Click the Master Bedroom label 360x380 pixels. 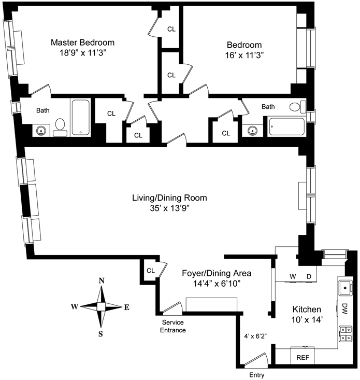coord(82,43)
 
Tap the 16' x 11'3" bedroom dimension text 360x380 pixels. coord(244,55)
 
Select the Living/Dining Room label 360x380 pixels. coord(169,198)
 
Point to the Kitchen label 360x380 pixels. coord(307,309)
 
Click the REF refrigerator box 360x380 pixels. coord(303,356)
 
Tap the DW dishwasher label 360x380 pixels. coord(344,309)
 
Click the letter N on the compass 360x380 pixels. coord(102,280)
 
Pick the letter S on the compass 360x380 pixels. coord(100,334)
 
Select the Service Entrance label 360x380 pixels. coord(173,326)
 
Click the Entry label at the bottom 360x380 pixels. coord(256,375)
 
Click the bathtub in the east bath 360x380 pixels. coord(286,126)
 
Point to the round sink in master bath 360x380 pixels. coord(41,131)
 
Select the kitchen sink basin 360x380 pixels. coord(345,288)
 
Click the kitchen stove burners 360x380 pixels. coord(345,333)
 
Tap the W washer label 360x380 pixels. coord(293,276)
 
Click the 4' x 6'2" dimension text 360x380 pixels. coord(255,336)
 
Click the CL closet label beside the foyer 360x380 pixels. coord(151,271)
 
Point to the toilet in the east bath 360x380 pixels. coord(297,107)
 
